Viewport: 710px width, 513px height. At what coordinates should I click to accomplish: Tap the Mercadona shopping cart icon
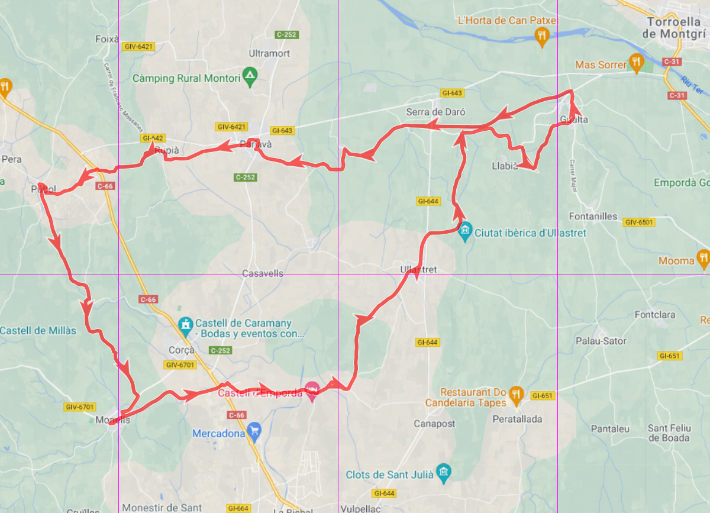click(254, 431)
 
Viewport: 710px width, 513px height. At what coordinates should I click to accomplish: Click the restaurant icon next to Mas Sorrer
click(636, 62)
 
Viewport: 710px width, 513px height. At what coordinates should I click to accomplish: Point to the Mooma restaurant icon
click(703, 259)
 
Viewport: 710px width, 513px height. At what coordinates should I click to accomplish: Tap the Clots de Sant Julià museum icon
click(444, 472)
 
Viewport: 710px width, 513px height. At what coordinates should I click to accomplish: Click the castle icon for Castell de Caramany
click(186, 324)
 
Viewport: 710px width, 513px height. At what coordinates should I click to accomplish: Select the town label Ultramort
click(270, 53)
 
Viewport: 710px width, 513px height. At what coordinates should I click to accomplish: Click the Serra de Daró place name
click(435, 112)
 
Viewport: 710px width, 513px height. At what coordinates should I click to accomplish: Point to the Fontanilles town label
click(593, 217)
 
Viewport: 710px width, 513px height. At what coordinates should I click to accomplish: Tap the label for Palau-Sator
click(601, 341)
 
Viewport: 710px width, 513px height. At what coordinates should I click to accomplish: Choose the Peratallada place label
click(518, 420)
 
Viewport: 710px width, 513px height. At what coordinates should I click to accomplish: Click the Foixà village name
click(107, 39)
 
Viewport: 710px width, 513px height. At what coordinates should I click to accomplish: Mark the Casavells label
click(263, 273)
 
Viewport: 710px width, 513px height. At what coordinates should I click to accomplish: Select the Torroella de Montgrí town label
click(676, 27)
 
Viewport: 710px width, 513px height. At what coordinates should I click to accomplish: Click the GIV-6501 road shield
click(638, 222)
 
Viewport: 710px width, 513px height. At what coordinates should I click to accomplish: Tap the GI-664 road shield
click(238, 508)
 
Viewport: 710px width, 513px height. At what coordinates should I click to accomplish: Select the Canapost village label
click(434, 424)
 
